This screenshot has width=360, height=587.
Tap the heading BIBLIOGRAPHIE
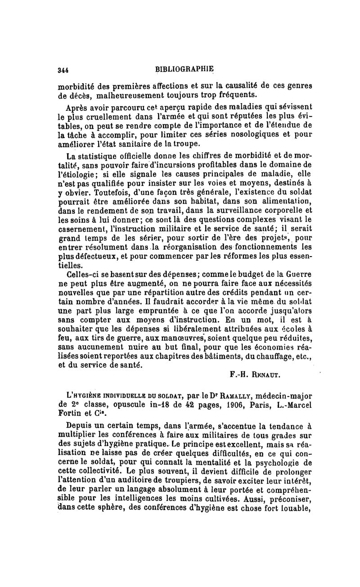coord(184,69)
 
